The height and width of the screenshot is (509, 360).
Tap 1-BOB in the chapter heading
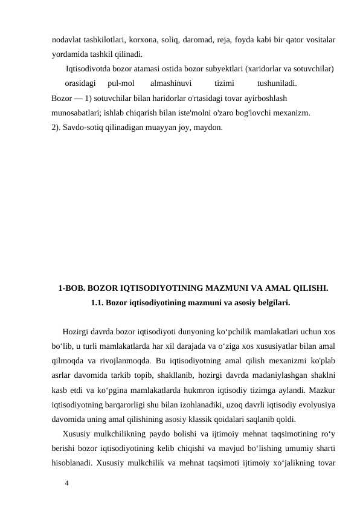tap(71, 288)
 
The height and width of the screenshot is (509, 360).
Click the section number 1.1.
tap(97, 303)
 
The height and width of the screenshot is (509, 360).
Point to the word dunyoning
tap(187, 332)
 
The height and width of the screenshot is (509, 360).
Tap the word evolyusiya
tap(317, 404)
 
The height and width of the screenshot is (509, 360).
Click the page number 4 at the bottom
tap(67, 484)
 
